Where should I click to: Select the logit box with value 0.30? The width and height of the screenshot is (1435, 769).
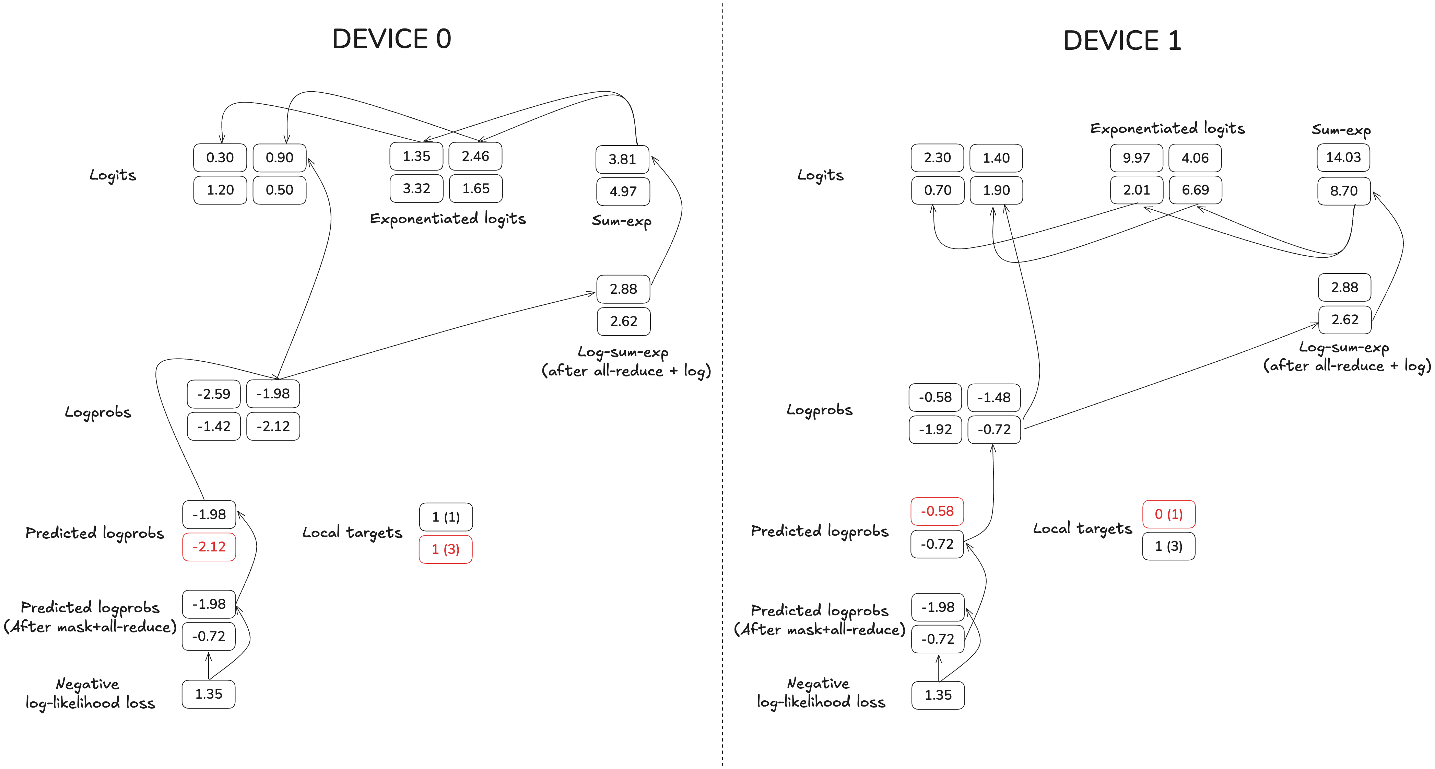220,158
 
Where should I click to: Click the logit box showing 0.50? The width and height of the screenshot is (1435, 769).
279,190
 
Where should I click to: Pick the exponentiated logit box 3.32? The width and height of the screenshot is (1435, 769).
416,188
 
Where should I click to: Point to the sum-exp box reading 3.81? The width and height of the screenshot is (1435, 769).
622,159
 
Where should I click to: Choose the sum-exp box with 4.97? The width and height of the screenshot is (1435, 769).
623,192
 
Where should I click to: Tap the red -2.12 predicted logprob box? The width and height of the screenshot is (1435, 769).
209,547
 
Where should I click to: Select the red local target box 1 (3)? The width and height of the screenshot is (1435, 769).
446,549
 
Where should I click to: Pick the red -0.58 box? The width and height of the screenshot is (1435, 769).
937,511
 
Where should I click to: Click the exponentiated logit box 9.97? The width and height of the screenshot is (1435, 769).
1136,158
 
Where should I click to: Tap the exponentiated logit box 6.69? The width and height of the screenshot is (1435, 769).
1195,190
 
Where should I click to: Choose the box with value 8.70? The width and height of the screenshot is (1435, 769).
1344,190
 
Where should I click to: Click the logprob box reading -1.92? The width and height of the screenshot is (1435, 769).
935,430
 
